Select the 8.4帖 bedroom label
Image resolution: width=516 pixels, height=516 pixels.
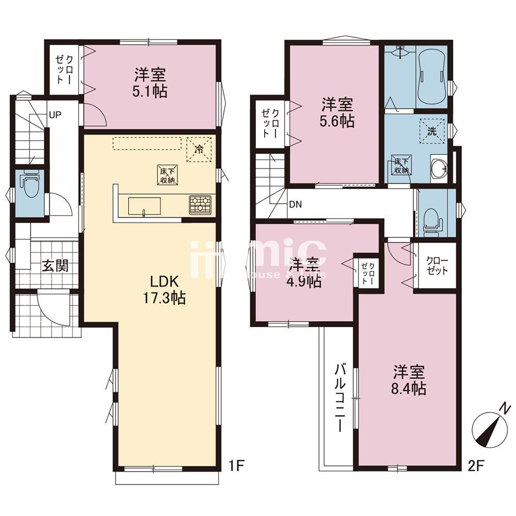[x=409, y=380]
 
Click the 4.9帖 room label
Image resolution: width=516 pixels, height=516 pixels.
[x=304, y=273]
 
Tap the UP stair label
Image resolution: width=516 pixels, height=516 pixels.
[x=55, y=114]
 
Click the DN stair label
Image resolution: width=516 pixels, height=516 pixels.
[x=295, y=204]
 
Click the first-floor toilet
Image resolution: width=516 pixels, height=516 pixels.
[x=29, y=187]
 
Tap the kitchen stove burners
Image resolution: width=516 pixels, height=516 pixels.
[x=200, y=205]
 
